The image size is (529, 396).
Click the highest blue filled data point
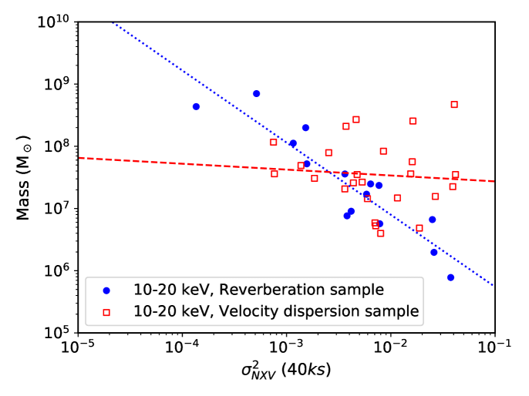coord(256,94)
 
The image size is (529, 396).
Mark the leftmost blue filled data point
coord(196,106)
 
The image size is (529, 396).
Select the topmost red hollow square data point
coord(454,104)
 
